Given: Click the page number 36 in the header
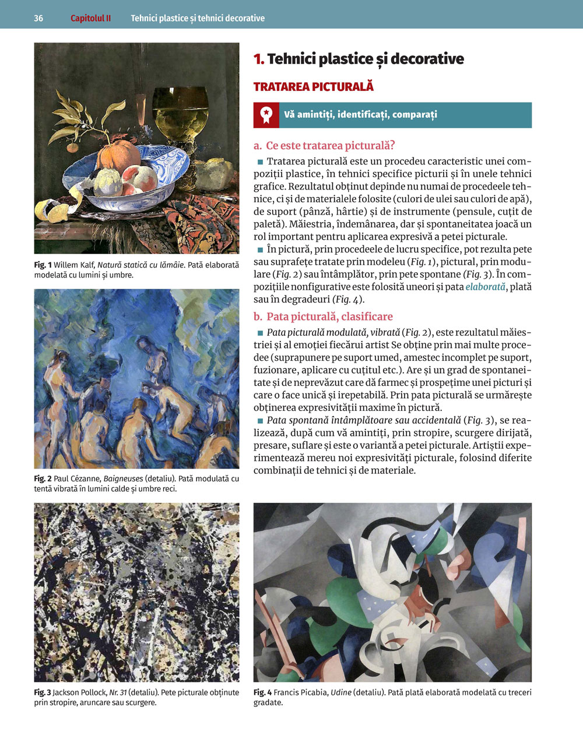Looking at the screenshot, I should (38, 18).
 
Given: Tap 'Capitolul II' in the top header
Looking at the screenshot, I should (90, 18).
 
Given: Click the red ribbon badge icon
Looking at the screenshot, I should (266, 115).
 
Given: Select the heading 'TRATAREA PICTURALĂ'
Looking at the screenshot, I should (313, 87).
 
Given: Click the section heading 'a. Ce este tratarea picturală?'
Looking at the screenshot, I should (324, 146).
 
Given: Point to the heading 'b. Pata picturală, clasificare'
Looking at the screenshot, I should (323, 316).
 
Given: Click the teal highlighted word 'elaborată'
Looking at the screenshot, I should (486, 287).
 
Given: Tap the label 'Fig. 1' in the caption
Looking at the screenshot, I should (43, 265).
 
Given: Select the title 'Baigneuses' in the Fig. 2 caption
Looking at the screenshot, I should (123, 479).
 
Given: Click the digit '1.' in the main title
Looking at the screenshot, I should (259, 59).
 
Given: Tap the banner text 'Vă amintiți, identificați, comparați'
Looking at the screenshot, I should (360, 115).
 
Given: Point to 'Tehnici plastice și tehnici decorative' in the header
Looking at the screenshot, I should (198, 18).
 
